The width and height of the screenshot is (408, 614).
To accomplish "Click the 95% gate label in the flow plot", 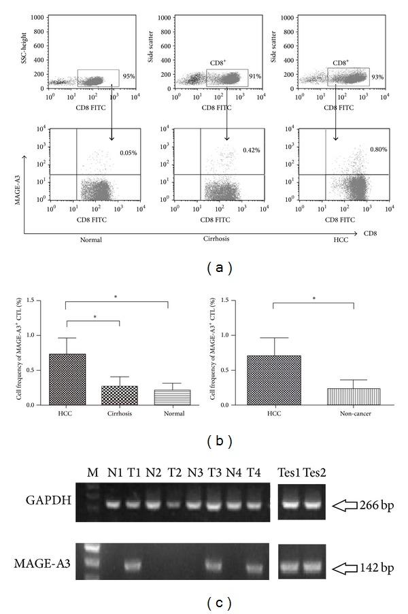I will click(x=129, y=76).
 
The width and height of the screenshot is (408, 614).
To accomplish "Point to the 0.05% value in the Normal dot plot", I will click(x=128, y=152).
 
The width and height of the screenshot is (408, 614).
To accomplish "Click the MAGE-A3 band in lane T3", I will click(x=215, y=564).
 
